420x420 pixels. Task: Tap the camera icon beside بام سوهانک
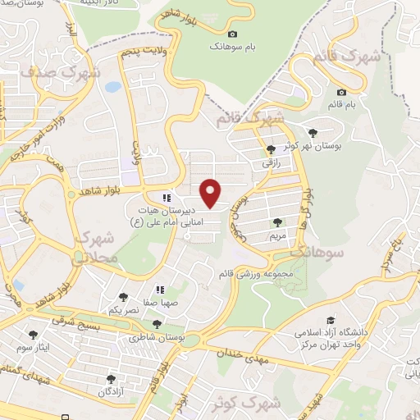pyautogui.click(x=233, y=34)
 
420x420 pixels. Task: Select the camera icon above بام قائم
pyautogui.click(x=341, y=93)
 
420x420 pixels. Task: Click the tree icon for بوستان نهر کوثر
pyautogui.click(x=312, y=131)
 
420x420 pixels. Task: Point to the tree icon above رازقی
pyautogui.click(x=272, y=148)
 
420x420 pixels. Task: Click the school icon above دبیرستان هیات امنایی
pyautogui.click(x=167, y=198)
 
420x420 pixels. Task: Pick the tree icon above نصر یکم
pyautogui.click(x=124, y=297)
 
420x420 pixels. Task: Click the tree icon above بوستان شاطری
pyautogui.click(x=157, y=324)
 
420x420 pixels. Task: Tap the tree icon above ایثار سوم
pyautogui.click(x=34, y=335)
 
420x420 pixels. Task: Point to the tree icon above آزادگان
pyautogui.click(x=111, y=379)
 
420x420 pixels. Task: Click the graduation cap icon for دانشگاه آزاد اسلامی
pyautogui.click(x=331, y=321)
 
